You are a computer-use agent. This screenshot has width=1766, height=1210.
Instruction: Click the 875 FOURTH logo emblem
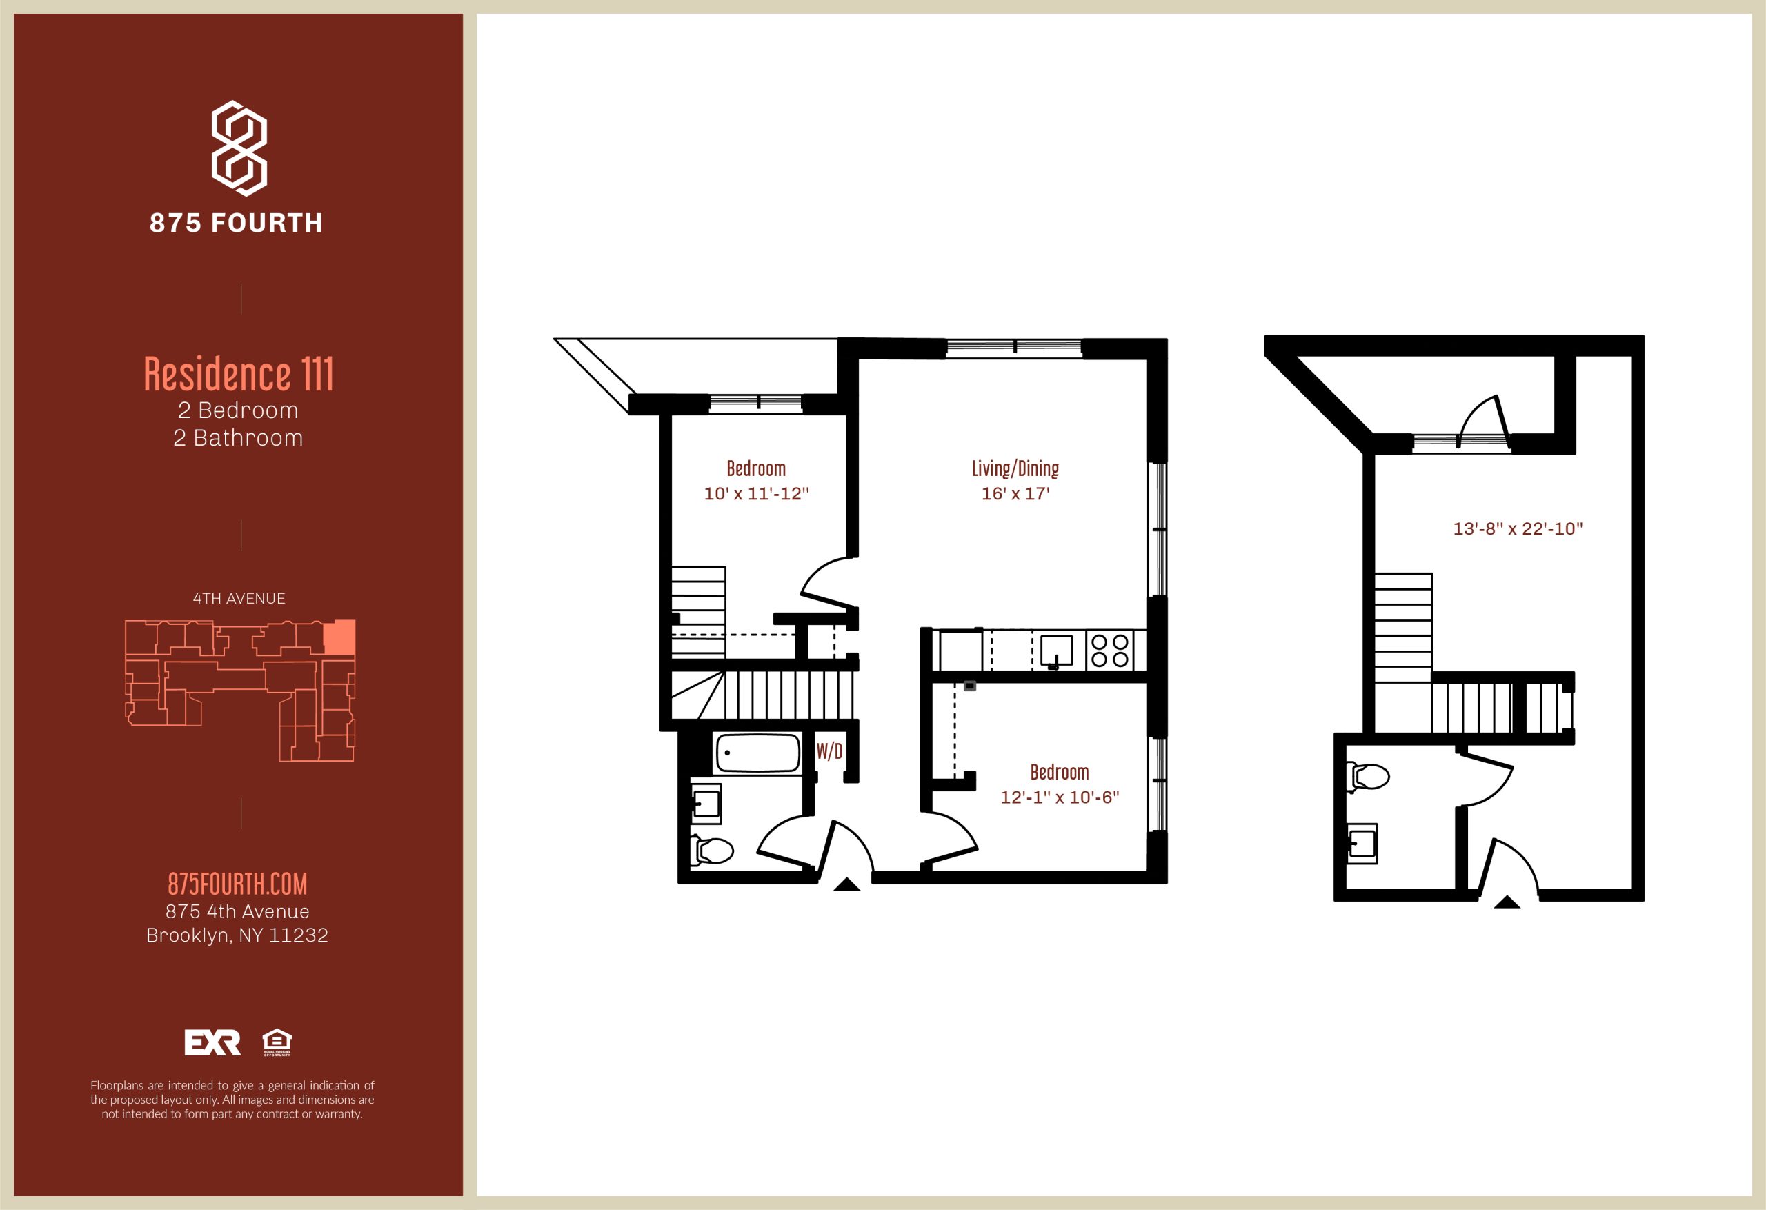point(239,148)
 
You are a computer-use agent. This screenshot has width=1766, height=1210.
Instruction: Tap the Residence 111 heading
point(239,374)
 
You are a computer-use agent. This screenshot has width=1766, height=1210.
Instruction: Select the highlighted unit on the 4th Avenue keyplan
point(339,637)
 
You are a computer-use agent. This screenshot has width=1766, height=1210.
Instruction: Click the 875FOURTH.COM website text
point(238,884)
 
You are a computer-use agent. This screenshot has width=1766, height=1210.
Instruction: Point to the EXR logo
point(212,1043)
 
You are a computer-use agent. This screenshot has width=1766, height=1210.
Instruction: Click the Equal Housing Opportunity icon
point(277,1042)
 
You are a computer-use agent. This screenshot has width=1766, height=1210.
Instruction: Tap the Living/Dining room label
point(1015,468)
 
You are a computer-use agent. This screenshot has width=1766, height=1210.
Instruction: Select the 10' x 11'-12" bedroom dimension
point(756,494)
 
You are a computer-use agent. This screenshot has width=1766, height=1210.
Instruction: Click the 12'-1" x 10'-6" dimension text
point(1060,797)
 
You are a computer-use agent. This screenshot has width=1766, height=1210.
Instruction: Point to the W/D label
point(829,752)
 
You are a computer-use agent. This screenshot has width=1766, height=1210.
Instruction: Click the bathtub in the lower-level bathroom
point(757,753)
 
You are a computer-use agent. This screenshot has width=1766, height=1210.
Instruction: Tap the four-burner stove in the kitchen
point(1109,651)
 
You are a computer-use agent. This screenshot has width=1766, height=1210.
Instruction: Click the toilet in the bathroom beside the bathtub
point(713,851)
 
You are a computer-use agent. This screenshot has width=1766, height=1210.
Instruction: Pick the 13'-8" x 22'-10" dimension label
point(1518,529)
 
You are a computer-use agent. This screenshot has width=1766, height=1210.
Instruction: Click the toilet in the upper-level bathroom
point(1369,777)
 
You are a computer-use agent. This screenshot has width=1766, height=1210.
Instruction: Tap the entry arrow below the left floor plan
point(846,884)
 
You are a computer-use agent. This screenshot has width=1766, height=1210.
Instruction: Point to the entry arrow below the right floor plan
point(1507,902)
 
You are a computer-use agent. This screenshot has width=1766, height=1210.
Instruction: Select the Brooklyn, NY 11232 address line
point(237,935)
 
